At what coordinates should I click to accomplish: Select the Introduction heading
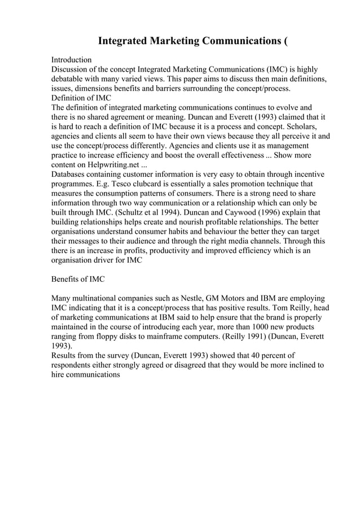[72, 59]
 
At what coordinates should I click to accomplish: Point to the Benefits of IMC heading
[78, 279]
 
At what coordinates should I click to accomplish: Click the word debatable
[72, 79]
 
